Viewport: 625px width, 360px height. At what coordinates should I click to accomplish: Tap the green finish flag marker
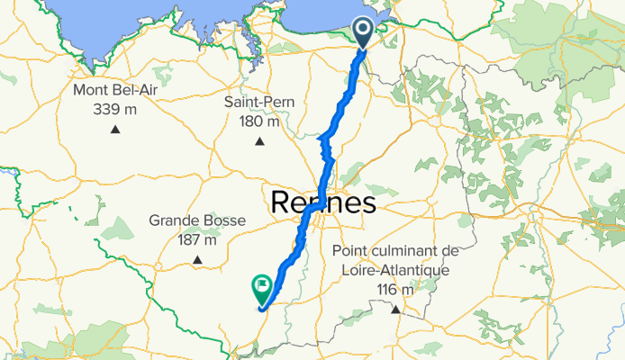[x=262, y=287]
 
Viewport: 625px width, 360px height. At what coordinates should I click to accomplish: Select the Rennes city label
[x=322, y=202]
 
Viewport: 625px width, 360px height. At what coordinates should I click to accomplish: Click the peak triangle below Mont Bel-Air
[x=115, y=130]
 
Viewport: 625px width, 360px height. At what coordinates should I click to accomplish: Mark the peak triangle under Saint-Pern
[x=259, y=140]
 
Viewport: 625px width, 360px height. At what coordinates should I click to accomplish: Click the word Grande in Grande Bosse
[x=175, y=220]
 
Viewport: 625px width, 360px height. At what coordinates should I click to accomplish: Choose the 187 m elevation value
[x=196, y=239]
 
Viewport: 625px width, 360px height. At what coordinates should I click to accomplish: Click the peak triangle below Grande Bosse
[x=196, y=262]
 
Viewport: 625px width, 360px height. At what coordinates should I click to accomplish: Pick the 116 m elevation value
[x=395, y=288]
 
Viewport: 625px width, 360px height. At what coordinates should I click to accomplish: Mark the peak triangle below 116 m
[x=395, y=310]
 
